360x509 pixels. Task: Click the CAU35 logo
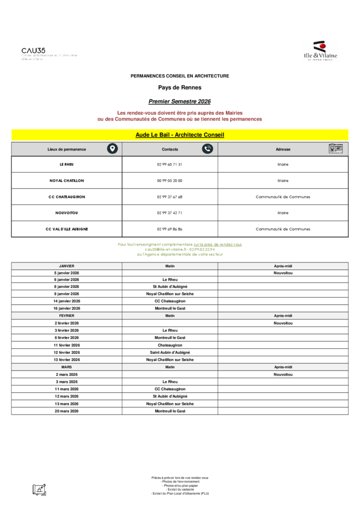click(x=33, y=51)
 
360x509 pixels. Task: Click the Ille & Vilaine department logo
click(x=320, y=51)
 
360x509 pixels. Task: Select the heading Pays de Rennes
click(x=180, y=87)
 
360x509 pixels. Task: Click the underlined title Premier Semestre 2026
click(x=180, y=101)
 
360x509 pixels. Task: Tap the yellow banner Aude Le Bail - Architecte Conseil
click(x=180, y=135)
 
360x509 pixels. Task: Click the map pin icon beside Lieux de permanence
click(x=113, y=149)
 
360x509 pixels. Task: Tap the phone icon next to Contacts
click(x=207, y=149)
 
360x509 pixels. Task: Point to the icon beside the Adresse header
click(x=335, y=149)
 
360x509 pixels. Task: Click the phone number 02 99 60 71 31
click(x=170, y=165)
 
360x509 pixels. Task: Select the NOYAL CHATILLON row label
click(x=67, y=181)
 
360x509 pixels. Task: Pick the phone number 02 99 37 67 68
click(x=170, y=197)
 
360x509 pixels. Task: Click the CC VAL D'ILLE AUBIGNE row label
click(x=67, y=229)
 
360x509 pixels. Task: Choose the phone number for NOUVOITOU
click(x=170, y=213)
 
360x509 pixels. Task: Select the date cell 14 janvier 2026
click(x=67, y=301)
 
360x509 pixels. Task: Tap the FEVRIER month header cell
click(x=67, y=316)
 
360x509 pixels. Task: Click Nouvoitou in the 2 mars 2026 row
click(x=282, y=374)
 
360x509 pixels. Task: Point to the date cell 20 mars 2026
click(x=67, y=411)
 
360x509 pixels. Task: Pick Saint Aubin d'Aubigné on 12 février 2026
click(x=170, y=352)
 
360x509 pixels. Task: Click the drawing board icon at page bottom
click(x=39, y=489)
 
